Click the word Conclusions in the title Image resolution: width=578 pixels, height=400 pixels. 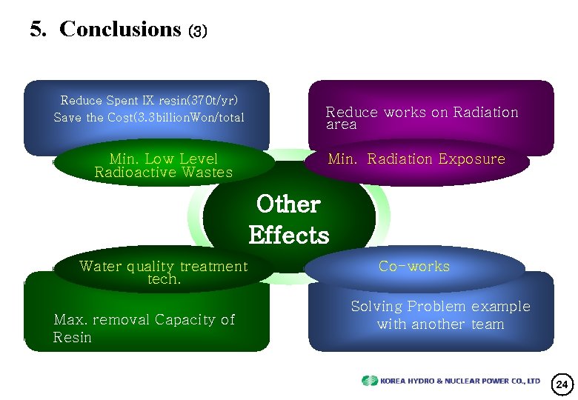[x=120, y=29]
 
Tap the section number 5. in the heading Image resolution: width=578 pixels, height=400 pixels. [x=40, y=29]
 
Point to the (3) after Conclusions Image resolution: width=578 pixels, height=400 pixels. [x=198, y=32]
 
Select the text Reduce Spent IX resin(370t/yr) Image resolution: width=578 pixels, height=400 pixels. [x=149, y=100]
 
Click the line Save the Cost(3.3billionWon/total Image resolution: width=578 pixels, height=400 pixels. [x=149, y=117]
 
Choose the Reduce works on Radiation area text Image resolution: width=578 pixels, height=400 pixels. [x=422, y=118]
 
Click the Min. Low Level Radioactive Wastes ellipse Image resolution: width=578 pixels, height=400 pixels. [x=163, y=165]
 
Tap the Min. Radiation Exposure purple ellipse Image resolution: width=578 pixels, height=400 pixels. [x=416, y=159]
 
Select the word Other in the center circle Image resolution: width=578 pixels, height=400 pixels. [x=288, y=204]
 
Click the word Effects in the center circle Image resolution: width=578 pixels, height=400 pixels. [x=289, y=236]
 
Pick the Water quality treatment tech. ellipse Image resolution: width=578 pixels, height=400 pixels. [x=163, y=272]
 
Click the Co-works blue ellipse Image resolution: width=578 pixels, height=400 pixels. [x=413, y=267]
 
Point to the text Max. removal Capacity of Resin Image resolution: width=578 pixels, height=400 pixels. [x=144, y=328]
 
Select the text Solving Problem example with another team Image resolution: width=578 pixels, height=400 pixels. [x=440, y=315]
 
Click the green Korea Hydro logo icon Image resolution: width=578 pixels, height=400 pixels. [x=369, y=381]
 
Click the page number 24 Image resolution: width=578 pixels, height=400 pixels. [x=562, y=384]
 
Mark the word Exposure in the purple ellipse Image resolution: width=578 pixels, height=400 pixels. [x=471, y=159]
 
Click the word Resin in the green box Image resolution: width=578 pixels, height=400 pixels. [x=73, y=338]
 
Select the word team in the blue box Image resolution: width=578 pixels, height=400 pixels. [x=486, y=324]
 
